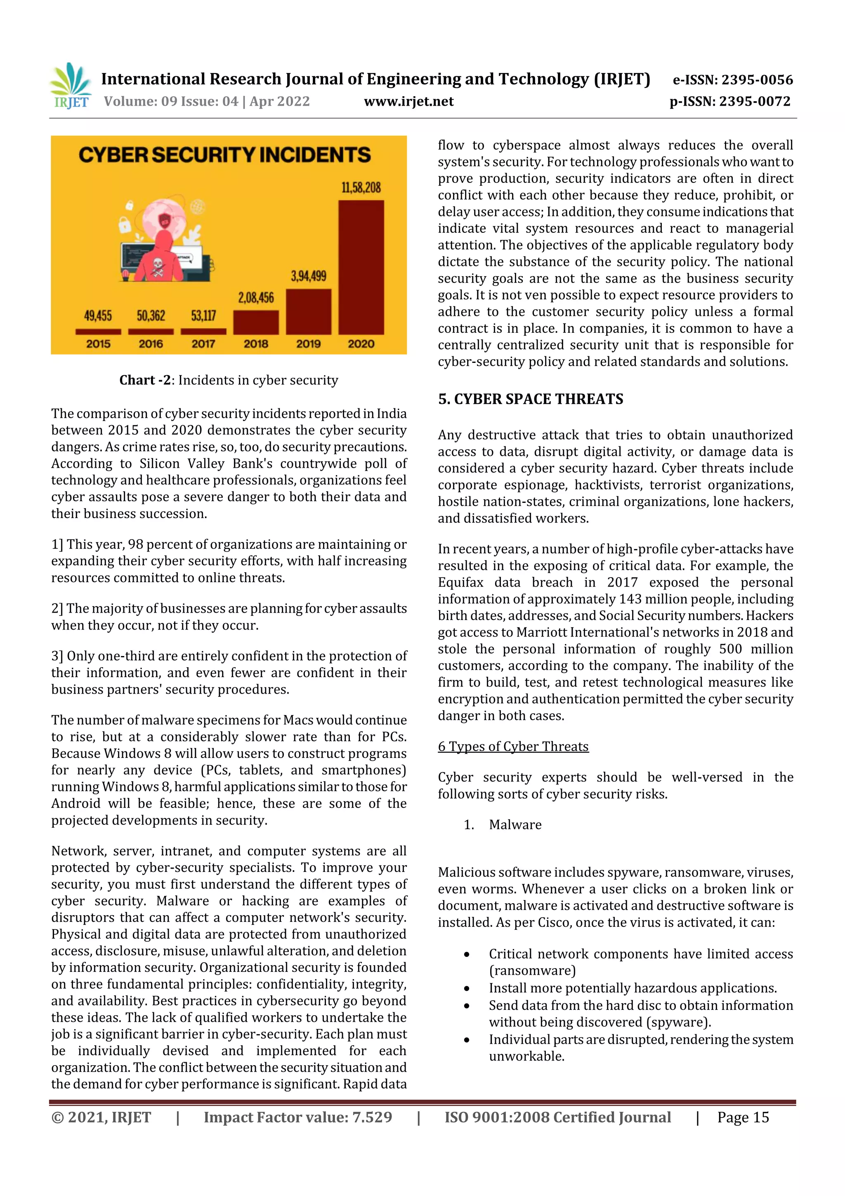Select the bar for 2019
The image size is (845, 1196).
pyautogui.click(x=308, y=312)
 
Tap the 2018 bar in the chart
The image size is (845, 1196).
pyautogui.click(x=256, y=322)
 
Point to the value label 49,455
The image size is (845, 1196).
pyautogui.click(x=98, y=316)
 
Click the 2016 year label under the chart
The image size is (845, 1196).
pyautogui.click(x=151, y=344)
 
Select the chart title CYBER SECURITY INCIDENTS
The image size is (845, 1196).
pyautogui.click(x=224, y=155)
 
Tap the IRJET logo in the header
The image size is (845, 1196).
pyautogui.click(x=71, y=86)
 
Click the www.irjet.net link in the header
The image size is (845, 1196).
pyautogui.click(x=409, y=102)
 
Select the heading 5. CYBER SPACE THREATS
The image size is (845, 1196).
pyautogui.click(x=530, y=399)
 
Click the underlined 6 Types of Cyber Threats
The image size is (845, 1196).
pyautogui.click(x=513, y=746)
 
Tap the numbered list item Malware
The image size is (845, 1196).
pyautogui.click(x=515, y=824)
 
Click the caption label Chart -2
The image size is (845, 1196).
pyautogui.click(x=145, y=380)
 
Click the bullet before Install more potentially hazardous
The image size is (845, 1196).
pyautogui.click(x=467, y=988)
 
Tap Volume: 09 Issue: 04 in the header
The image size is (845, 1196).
pyautogui.click(x=171, y=102)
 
